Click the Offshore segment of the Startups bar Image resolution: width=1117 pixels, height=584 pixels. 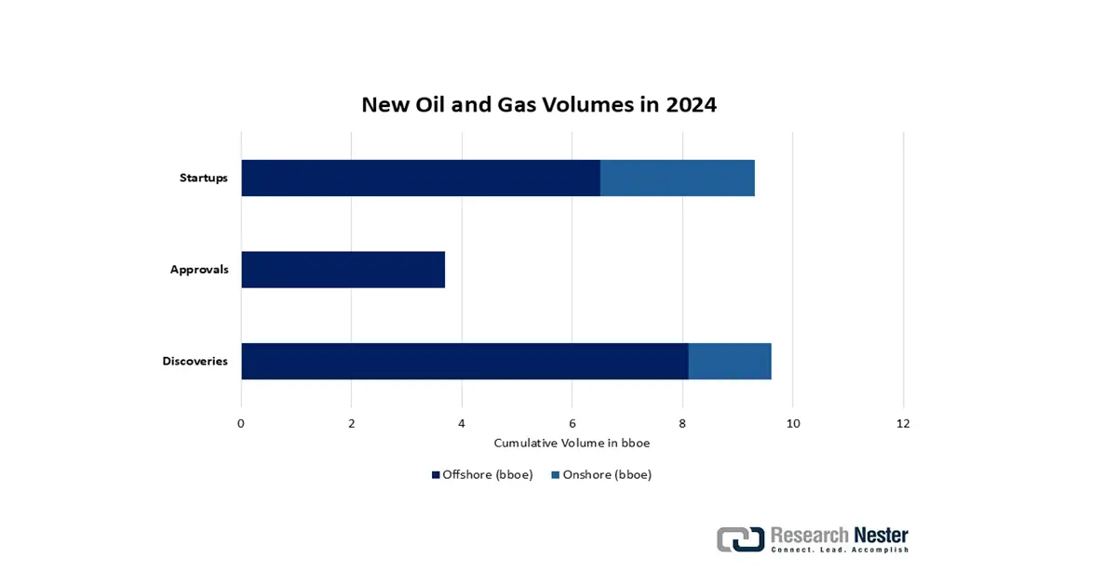coord(421,178)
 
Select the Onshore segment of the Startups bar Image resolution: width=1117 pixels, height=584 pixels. coord(678,178)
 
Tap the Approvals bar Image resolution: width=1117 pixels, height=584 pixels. coord(343,270)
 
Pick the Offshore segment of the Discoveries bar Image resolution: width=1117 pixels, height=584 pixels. coord(464,361)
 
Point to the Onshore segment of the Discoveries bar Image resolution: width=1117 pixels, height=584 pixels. coord(730,361)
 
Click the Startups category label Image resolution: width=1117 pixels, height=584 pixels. coord(204,178)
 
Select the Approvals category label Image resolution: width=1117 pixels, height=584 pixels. coord(199,270)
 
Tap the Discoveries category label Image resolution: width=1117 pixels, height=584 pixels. coord(195,361)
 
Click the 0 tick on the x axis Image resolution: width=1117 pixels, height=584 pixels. coord(241,423)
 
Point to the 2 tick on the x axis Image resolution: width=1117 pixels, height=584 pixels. coord(352,423)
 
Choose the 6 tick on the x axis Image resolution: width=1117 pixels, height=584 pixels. coord(572,423)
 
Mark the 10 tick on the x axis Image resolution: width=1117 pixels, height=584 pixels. coord(793,423)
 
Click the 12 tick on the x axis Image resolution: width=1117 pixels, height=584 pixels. coord(903,423)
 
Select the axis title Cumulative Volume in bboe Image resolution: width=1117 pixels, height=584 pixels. coord(572,443)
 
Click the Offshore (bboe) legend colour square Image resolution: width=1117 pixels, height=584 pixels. coord(436,475)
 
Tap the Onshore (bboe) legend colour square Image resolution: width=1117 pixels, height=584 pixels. coord(555,475)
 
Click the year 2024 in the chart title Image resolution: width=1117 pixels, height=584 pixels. coord(691,105)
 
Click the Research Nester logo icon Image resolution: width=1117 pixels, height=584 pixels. coord(741,539)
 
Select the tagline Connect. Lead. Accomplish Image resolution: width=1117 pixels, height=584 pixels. coord(840,550)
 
